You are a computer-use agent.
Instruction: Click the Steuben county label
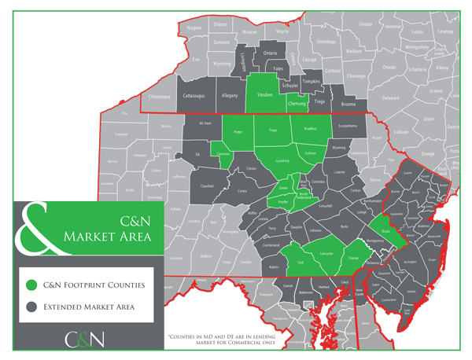tap(264, 96)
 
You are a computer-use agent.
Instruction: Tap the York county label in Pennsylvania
tap(300, 263)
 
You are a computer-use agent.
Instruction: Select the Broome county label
tap(349, 103)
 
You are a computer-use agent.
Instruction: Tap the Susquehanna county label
tap(348, 126)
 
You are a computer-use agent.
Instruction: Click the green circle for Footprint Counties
tap(31, 284)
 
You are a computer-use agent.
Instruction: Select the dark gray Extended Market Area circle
tap(31, 307)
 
